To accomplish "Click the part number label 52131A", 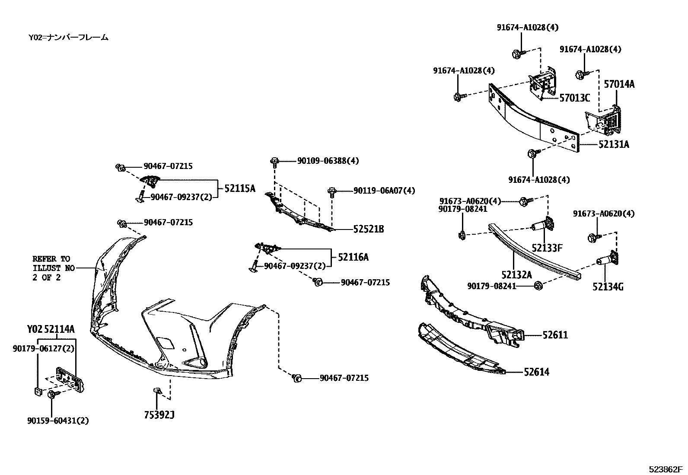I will (x=614, y=145).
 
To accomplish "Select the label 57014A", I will (x=619, y=84).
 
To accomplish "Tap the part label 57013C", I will (x=574, y=98).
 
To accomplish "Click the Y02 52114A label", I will (x=51, y=330).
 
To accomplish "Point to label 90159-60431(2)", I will (x=57, y=421).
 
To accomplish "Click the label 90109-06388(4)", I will (x=328, y=161).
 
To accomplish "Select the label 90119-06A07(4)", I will (x=384, y=190).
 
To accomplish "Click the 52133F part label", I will (x=547, y=248).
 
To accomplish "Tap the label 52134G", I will (x=608, y=287).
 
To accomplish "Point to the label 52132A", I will (x=517, y=274).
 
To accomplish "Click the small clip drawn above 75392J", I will (x=157, y=391).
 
